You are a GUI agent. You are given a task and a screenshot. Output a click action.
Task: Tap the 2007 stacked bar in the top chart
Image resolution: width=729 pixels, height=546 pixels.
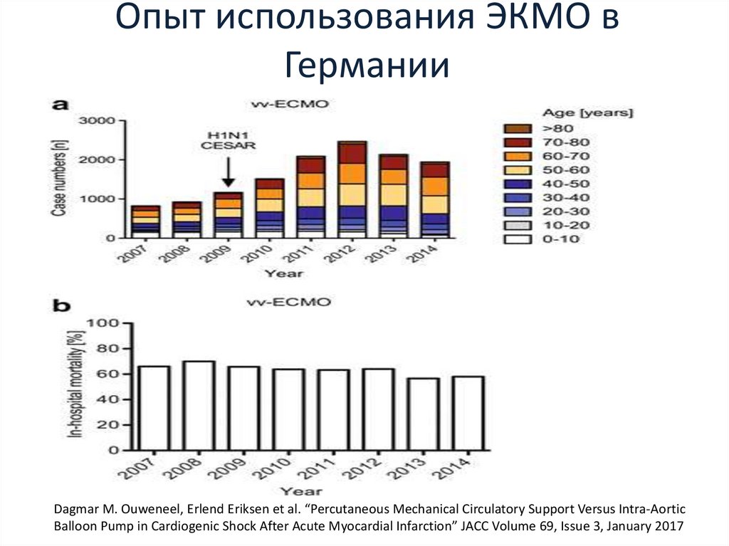pyautogui.click(x=145, y=221)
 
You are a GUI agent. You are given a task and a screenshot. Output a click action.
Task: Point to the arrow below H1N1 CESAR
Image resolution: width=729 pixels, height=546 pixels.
pyautogui.click(x=228, y=172)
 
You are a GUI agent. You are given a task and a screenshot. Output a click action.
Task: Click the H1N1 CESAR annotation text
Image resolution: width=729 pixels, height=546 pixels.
pyautogui.click(x=228, y=140)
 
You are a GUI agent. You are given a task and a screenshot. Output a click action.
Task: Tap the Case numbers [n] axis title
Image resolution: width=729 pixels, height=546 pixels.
pyautogui.click(x=63, y=178)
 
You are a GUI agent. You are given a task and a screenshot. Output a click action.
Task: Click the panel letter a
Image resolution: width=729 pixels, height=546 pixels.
pyautogui.click(x=61, y=105)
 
